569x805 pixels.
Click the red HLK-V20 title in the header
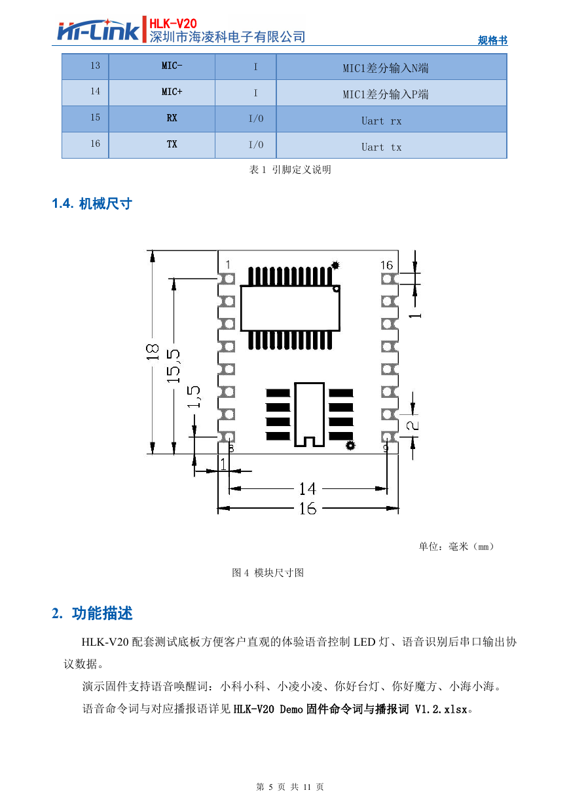click(173, 24)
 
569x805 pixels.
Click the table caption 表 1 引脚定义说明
click(290, 170)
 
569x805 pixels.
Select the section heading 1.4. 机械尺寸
click(92, 204)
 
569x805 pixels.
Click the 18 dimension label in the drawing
click(153, 352)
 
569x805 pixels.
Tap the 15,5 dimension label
click(174, 366)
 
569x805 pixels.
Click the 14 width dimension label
click(308, 489)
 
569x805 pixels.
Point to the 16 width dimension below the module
click(308, 509)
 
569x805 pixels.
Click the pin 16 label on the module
click(386, 265)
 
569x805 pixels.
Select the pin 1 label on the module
click(228, 265)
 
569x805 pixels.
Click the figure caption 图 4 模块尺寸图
click(268, 572)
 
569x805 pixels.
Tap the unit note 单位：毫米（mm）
click(456, 547)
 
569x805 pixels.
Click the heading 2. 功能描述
click(92, 613)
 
